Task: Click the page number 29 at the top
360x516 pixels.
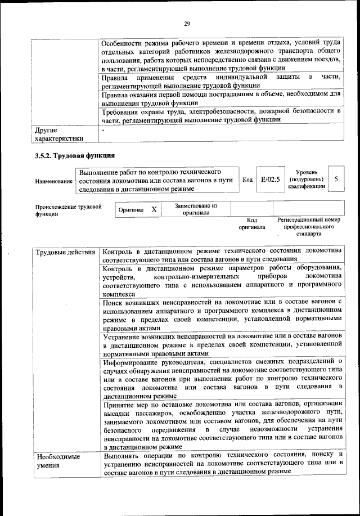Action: click(187, 23)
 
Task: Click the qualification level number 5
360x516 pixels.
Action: click(336, 179)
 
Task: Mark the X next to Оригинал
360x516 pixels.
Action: click(154, 209)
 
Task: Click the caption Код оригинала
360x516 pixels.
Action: click(251, 223)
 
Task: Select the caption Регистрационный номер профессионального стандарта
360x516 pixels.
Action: click(309, 226)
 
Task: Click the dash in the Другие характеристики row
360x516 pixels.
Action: click(103, 129)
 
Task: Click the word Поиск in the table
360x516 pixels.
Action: click(114, 303)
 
